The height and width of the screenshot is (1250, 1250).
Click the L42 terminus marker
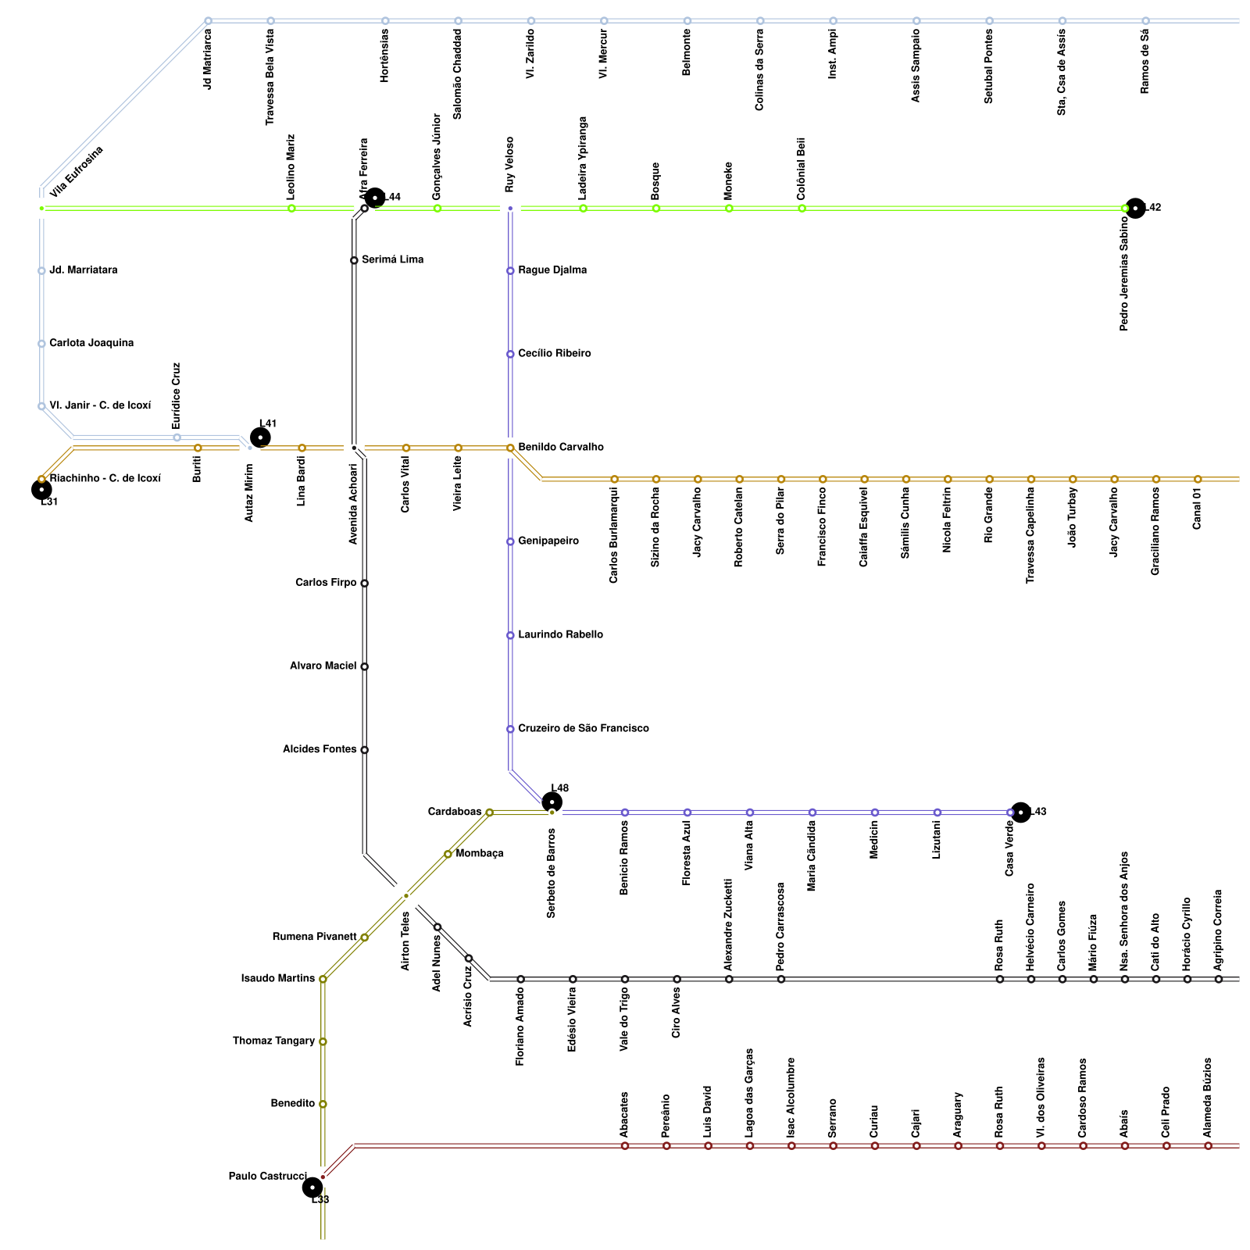click(1135, 208)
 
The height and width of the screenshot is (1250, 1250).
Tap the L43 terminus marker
click(1020, 812)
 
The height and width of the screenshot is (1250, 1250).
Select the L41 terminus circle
click(260, 437)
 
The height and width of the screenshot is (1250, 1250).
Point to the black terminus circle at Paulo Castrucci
click(312, 1187)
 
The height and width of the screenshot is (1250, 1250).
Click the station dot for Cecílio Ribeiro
click(510, 354)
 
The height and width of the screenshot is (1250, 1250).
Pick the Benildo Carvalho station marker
click(510, 448)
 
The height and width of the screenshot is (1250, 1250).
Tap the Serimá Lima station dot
click(354, 260)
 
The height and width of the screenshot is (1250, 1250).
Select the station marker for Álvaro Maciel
click(364, 666)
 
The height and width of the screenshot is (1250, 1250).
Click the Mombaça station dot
click(448, 854)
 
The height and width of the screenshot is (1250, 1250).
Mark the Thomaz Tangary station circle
click(323, 1041)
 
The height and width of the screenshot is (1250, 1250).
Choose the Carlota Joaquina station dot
click(41, 344)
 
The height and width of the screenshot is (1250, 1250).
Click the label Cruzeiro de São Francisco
click(583, 728)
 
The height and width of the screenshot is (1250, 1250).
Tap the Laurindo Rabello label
click(560, 634)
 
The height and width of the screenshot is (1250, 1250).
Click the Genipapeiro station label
click(548, 541)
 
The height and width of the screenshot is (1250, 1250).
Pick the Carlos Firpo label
click(326, 583)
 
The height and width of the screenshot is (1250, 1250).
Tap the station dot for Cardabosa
click(489, 812)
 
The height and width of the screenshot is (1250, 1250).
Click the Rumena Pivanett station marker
click(364, 937)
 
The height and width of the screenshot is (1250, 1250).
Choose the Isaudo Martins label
click(278, 978)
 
